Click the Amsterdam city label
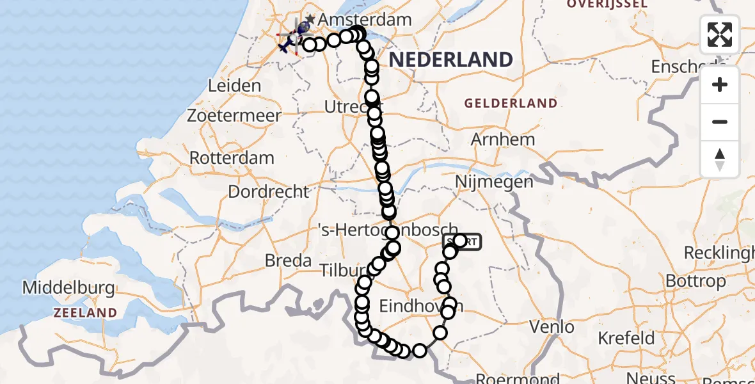point(365,20)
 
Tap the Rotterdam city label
point(232,157)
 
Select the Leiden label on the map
point(235,86)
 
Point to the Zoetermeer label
point(234,116)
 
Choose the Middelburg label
point(68,288)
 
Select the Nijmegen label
point(494,182)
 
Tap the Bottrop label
point(695,281)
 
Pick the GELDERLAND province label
point(511,103)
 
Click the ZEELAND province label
point(85,313)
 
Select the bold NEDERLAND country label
point(450,60)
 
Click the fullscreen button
point(720,34)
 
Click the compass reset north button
point(720,159)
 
